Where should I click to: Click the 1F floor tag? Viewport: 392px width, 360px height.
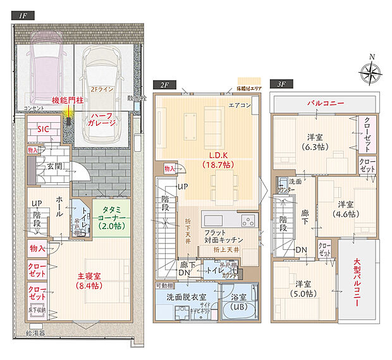click(23, 15)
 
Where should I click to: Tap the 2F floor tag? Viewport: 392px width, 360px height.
click(164, 84)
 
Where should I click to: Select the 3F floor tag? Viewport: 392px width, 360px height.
click(278, 84)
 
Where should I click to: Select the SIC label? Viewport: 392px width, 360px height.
click(42, 128)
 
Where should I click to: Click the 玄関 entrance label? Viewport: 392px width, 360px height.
click(53, 166)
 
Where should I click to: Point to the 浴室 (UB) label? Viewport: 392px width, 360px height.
click(240, 302)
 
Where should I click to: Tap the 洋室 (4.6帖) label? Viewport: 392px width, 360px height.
click(345, 209)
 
